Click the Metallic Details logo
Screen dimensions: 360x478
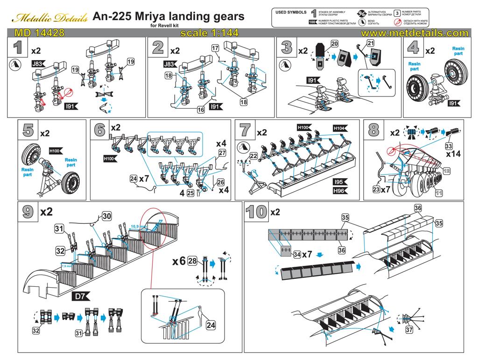click(49, 18)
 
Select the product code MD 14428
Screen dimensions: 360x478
click(39, 34)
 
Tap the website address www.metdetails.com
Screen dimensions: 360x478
click(414, 34)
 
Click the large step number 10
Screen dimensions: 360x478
click(256, 212)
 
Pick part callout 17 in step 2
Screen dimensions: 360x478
click(215, 48)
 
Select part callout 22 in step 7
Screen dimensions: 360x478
click(254, 156)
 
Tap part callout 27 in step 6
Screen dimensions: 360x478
click(222, 153)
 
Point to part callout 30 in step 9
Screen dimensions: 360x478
click(107, 216)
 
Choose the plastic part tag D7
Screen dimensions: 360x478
click(80, 296)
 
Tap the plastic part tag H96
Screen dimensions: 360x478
click(340, 191)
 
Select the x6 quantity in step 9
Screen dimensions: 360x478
click(179, 261)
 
